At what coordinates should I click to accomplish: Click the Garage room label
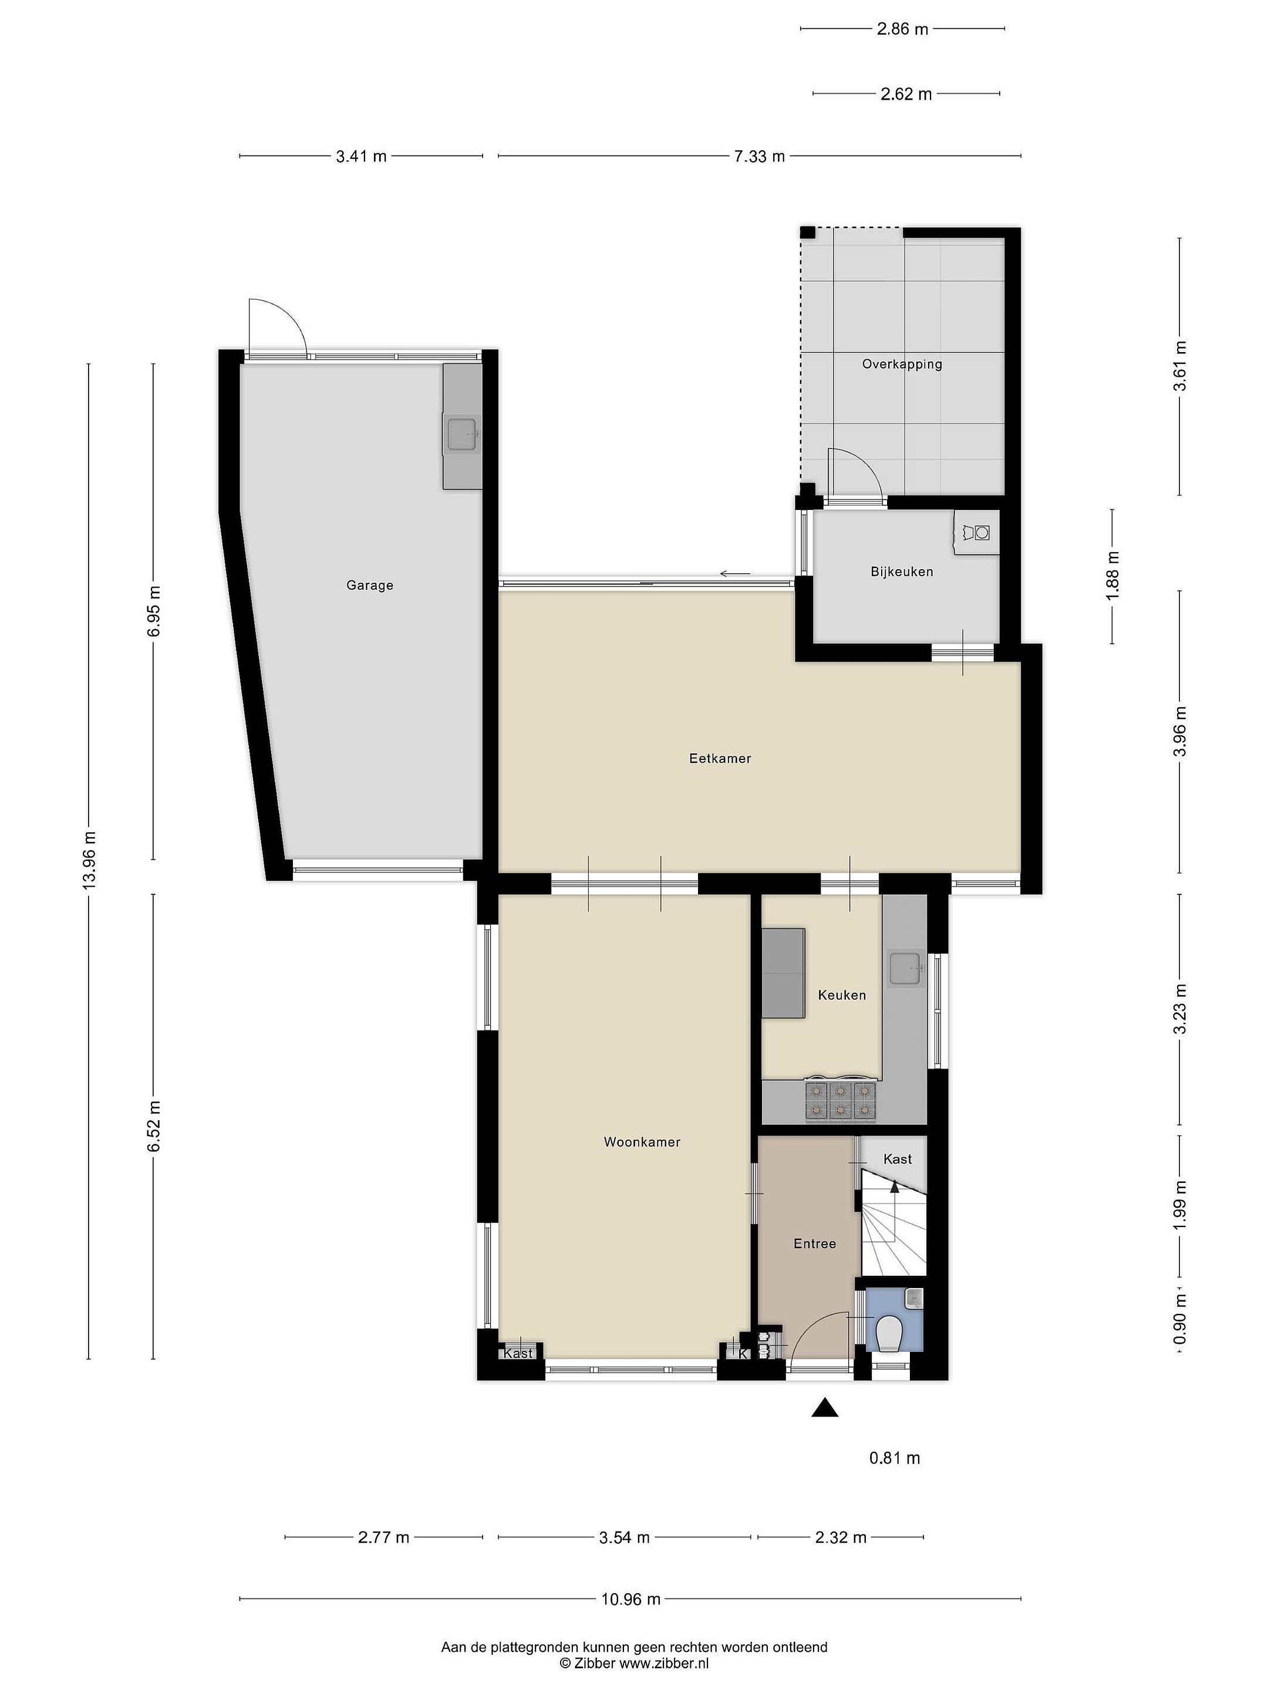coord(370,585)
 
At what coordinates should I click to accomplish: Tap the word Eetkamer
coord(720,759)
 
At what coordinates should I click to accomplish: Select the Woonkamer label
coord(642,1142)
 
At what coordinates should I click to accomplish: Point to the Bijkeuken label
coord(902,572)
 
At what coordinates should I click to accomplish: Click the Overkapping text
coord(902,364)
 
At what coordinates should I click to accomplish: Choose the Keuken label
coord(842,995)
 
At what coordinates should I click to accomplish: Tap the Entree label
coord(815,1244)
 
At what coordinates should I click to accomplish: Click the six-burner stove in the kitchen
coord(840,1101)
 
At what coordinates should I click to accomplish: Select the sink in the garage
coord(463,434)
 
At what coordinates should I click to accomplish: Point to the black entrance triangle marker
coord(825,1407)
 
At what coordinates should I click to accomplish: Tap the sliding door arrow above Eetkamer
coord(736,574)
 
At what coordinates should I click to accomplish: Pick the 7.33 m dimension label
coord(760,157)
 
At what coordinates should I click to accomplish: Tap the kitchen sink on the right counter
coord(906,968)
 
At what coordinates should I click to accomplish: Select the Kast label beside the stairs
coord(898,1159)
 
